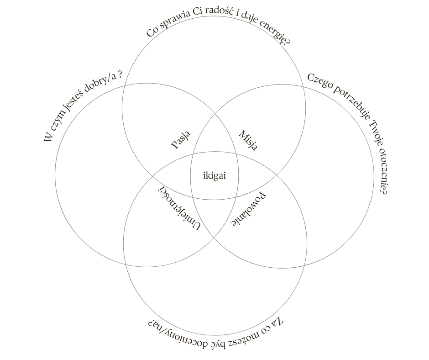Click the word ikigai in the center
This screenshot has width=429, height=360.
coord(214,175)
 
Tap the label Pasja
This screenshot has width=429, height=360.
coord(181,140)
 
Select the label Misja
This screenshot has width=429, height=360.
coord(248,140)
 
